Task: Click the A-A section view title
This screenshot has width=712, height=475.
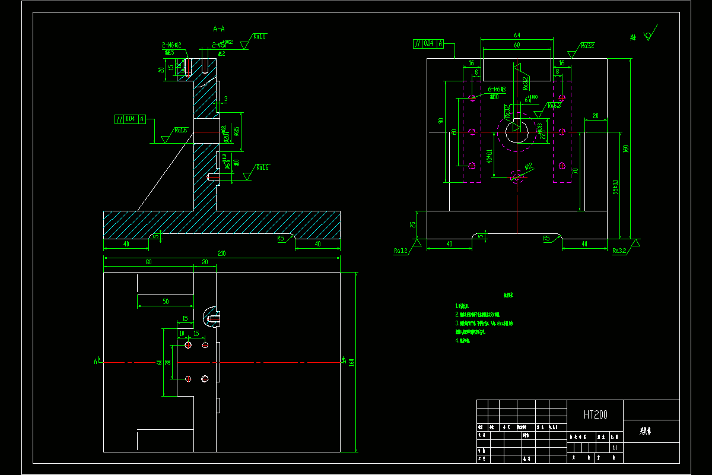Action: click(x=218, y=28)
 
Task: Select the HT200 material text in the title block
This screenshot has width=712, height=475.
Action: click(x=595, y=415)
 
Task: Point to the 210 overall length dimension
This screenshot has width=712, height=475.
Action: click(x=222, y=254)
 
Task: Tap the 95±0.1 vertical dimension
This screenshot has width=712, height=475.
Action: click(x=615, y=188)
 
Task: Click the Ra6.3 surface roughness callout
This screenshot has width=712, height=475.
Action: click(x=554, y=106)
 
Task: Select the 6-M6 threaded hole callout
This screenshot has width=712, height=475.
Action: click(x=497, y=89)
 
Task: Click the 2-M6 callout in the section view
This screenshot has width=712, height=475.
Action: click(x=171, y=45)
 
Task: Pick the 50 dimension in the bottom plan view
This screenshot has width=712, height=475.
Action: click(x=166, y=302)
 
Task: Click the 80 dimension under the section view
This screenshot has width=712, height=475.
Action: click(x=148, y=262)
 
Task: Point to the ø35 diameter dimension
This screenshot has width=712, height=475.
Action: click(x=237, y=130)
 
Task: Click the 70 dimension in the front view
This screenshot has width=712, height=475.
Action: click(x=574, y=171)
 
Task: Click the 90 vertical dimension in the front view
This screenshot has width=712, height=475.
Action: click(x=441, y=121)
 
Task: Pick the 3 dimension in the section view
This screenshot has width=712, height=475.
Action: click(x=225, y=99)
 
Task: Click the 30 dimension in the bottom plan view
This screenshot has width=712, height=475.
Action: click(x=168, y=362)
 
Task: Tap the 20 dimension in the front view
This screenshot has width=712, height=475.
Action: click(x=595, y=115)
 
